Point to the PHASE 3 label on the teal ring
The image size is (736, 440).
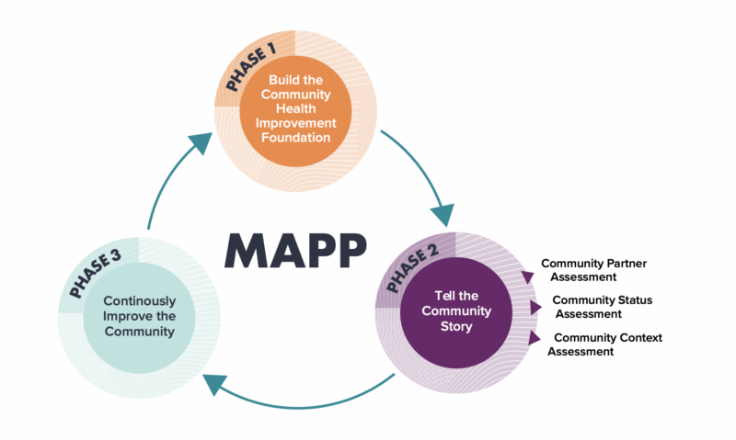coord(94,274)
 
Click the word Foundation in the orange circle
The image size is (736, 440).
coord(293,137)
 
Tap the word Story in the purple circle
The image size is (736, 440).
coord(456,325)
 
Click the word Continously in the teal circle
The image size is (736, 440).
coord(138,300)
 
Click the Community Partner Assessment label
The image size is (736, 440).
coord(592,269)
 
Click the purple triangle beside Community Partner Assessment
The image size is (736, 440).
coord(527,276)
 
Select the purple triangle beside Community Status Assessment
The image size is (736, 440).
coord(535,308)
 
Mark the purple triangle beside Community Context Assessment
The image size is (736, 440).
coord(535,338)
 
